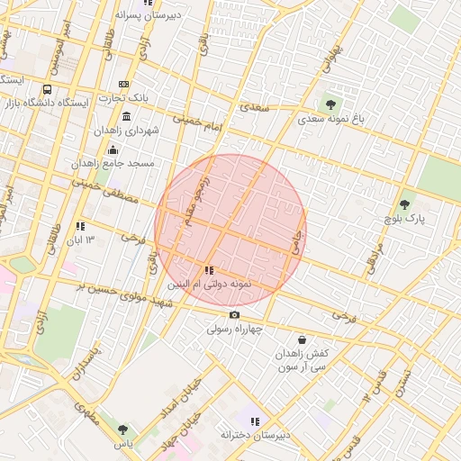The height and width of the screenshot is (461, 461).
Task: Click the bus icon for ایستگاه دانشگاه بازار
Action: pyautogui.click(x=47, y=90)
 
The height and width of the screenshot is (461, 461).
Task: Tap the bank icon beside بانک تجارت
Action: pyautogui.click(x=123, y=85)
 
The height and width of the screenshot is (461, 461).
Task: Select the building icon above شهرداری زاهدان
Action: pyautogui.click(x=125, y=118)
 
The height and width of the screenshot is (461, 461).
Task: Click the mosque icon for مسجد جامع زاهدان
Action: pyautogui.click(x=113, y=150)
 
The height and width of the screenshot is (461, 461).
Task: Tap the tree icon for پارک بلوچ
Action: pyautogui.click(x=404, y=204)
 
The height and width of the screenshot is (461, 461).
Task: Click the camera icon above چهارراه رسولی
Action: pyautogui.click(x=234, y=314)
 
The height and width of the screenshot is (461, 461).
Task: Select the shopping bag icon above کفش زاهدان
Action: pyautogui.click(x=302, y=340)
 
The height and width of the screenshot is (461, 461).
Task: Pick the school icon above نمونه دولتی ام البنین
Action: pyautogui.click(x=209, y=269)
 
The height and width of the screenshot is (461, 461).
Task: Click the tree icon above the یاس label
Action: pyautogui.click(x=122, y=429)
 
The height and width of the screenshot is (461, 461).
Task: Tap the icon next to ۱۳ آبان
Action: pyautogui.click(x=80, y=227)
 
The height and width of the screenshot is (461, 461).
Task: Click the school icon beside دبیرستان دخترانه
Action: pyautogui.click(x=255, y=421)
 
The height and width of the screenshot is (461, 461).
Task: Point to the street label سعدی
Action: pyautogui.click(x=255, y=107)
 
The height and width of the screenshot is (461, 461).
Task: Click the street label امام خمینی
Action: pyautogui.click(x=197, y=123)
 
